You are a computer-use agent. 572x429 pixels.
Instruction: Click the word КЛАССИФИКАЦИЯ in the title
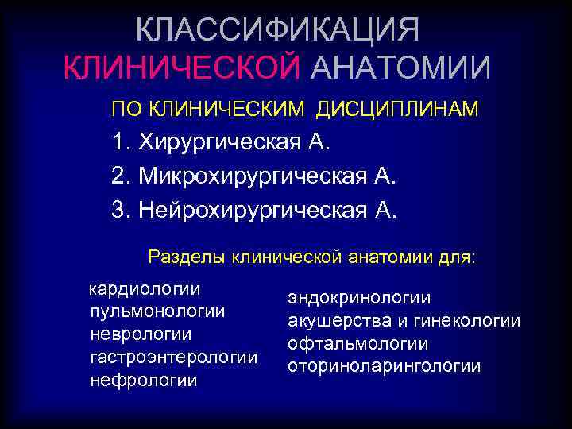click(277, 29)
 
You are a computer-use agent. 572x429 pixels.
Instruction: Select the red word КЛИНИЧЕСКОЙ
click(183, 68)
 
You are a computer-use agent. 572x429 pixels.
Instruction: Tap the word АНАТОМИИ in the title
click(400, 68)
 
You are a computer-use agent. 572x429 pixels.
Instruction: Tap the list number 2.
click(120, 176)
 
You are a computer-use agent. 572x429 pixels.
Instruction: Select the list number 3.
click(120, 210)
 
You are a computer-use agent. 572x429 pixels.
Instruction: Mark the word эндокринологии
click(359, 298)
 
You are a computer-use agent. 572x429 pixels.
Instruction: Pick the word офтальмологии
click(358, 344)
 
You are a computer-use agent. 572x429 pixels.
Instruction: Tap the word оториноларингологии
click(385, 367)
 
